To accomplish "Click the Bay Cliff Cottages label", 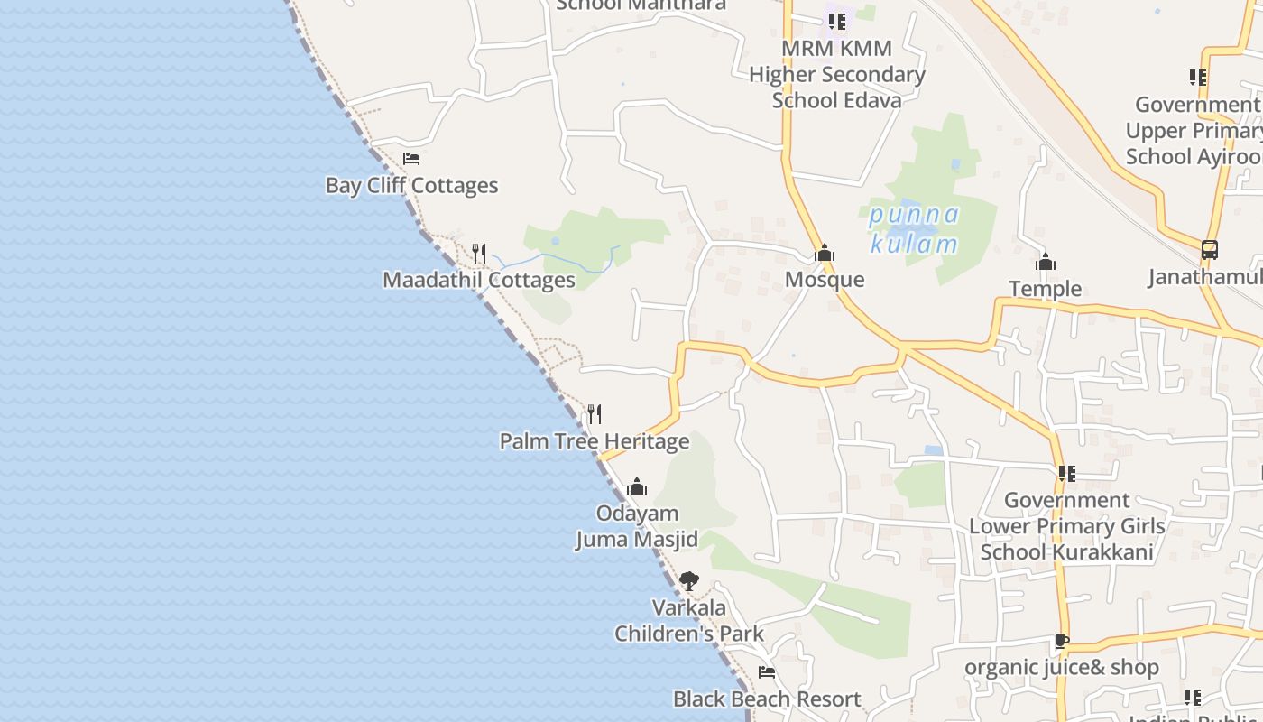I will point(411,186).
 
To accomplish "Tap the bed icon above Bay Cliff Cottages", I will point(411,159).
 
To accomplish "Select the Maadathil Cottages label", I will point(478,280).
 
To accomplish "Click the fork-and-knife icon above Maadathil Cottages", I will point(479,253).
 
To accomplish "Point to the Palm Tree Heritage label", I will point(595,441).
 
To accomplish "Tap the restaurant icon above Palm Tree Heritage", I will point(595,414).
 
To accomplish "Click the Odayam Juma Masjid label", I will point(637,526).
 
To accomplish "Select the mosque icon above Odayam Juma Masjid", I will point(637,487).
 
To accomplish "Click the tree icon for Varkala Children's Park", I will point(689,580).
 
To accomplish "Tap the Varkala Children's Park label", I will point(689,621).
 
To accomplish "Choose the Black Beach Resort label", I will point(767,699).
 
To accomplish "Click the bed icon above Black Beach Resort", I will point(767,671).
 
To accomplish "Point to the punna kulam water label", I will point(915,229).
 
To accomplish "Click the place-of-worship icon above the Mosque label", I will point(825,254).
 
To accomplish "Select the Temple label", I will point(1045,289).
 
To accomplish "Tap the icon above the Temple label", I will point(1046,263).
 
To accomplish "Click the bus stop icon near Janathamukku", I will point(1210,250).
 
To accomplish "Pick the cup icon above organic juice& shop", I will point(1062,642).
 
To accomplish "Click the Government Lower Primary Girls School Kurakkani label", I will point(1066,526).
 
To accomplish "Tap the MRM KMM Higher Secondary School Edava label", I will point(836,74).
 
